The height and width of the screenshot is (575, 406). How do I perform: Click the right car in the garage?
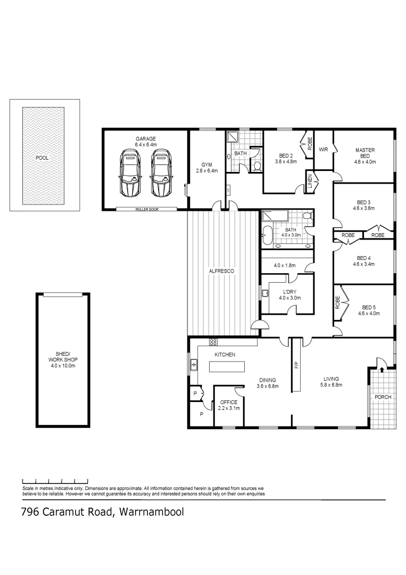(x=161, y=173)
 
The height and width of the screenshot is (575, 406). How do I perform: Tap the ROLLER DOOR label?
(x=145, y=209)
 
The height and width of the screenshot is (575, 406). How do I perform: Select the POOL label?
(x=42, y=158)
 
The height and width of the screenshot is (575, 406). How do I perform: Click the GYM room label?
(x=206, y=167)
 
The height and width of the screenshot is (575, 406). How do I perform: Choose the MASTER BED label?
(x=364, y=153)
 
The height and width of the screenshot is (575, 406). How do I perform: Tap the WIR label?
(x=323, y=150)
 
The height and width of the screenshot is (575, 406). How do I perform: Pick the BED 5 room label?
(x=368, y=310)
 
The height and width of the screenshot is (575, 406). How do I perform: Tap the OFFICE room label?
(x=229, y=405)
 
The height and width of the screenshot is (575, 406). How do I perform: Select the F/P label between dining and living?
(x=295, y=366)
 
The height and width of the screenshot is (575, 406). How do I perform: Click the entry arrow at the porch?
(x=382, y=369)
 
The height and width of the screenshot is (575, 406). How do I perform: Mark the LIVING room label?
(x=330, y=382)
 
